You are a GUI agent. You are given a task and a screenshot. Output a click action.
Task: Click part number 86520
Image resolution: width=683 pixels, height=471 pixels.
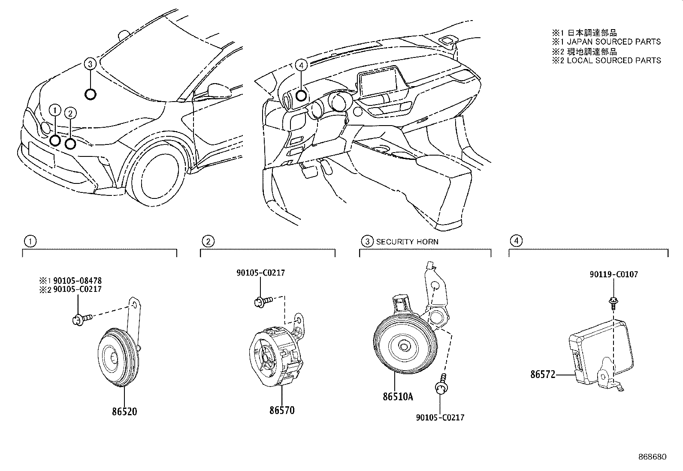124,411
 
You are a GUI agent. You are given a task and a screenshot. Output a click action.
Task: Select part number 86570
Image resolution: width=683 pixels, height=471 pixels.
282,410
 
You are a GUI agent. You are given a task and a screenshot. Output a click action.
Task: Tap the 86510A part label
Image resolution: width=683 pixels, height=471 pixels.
398,396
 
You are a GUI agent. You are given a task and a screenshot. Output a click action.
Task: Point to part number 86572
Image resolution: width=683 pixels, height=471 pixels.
543,375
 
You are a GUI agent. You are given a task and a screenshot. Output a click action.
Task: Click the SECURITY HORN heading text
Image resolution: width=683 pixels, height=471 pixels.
407,242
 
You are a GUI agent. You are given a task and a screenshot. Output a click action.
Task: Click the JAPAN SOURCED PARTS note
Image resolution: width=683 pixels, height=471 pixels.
613,42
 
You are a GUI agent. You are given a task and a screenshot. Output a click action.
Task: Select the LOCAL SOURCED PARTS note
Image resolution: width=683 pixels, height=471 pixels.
613,60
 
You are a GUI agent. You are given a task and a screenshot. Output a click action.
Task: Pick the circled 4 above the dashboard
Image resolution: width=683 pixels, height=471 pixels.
302,65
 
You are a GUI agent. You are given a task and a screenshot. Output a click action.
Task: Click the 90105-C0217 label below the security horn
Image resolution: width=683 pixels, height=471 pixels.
440,417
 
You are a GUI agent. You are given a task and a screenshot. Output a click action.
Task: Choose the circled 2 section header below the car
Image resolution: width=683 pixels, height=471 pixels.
208,241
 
